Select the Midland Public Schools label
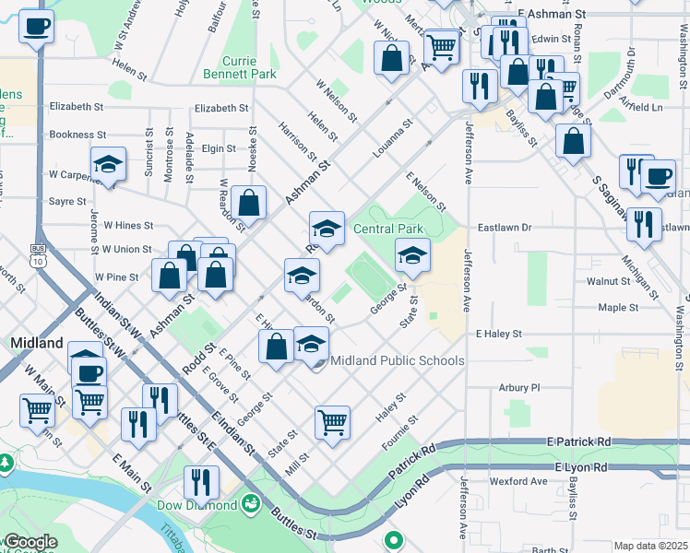397,360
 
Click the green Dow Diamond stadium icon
249,504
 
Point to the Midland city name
35,343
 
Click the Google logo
30,542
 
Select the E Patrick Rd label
578,442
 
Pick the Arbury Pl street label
518,388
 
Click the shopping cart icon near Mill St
332,422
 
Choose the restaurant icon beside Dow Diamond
200,482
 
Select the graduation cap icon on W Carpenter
108,166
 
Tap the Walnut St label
606,280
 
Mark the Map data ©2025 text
650,546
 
